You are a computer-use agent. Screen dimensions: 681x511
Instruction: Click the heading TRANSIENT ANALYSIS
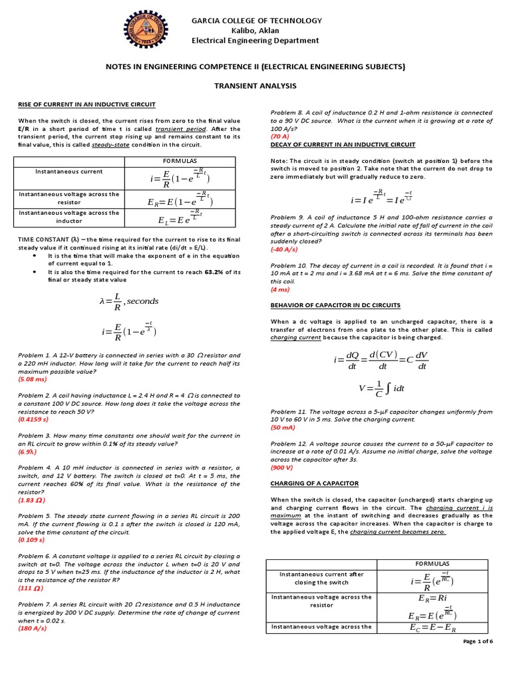[x=255, y=86]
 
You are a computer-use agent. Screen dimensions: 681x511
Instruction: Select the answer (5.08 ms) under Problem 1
[x=33, y=378]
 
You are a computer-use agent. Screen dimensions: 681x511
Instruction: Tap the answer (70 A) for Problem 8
[x=280, y=136]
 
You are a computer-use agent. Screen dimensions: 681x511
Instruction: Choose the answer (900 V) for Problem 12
[x=283, y=468]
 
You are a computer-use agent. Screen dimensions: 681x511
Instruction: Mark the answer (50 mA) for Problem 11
[x=283, y=428]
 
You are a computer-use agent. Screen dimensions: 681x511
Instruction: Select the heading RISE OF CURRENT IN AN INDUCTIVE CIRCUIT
[x=86, y=104]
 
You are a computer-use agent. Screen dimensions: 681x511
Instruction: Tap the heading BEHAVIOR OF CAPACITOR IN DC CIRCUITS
[x=335, y=305]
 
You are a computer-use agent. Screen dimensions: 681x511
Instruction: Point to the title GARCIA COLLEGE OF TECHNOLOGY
[x=255, y=20]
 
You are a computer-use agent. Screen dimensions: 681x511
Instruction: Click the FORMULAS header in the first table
[x=180, y=162]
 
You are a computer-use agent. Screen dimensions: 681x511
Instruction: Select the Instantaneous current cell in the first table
[x=69, y=172]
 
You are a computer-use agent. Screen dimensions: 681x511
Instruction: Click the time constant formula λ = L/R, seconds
[x=128, y=301]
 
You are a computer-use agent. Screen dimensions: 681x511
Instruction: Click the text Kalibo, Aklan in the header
[x=255, y=31]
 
